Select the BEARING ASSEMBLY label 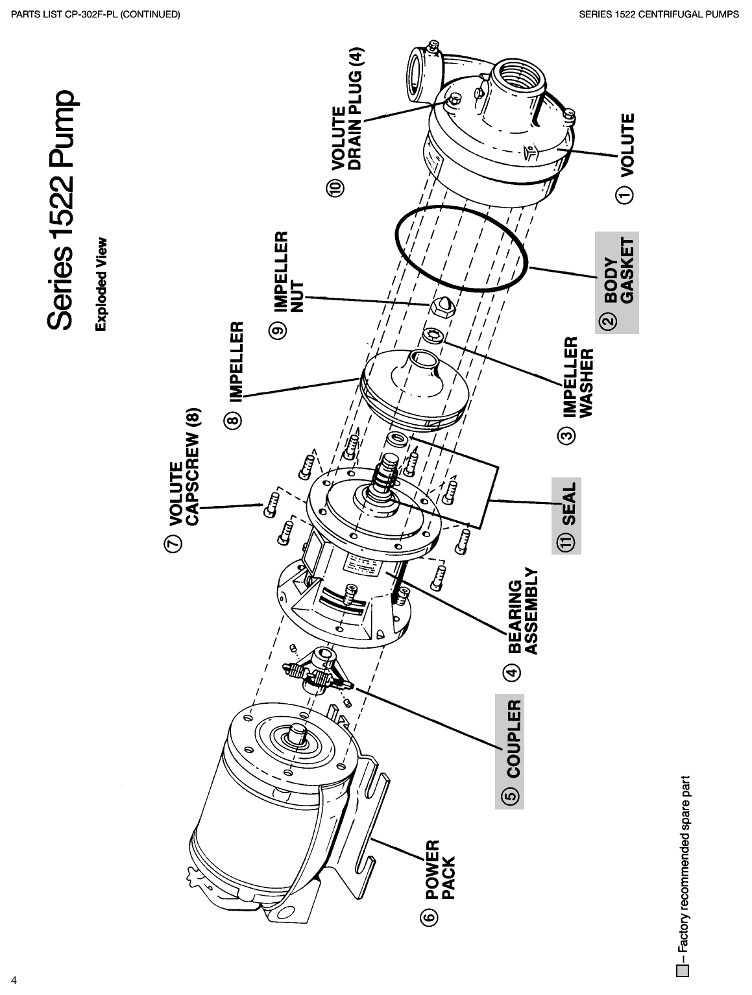click(x=522, y=612)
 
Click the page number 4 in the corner click(x=13, y=979)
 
